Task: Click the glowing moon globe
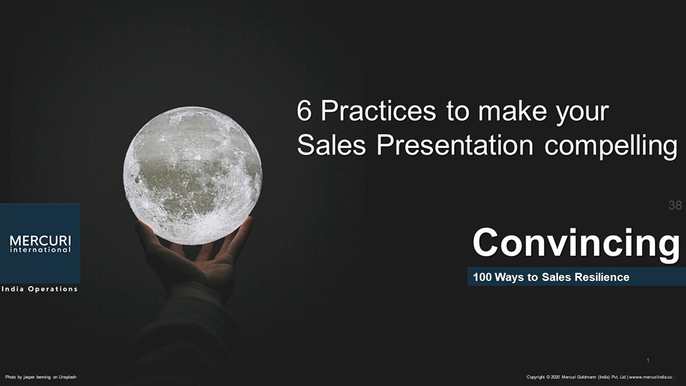pyautogui.click(x=193, y=176)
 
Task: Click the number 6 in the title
pyautogui.click(x=304, y=110)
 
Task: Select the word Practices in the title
pyautogui.click(x=379, y=110)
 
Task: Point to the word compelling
pyautogui.click(x=611, y=145)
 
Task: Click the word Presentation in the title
pyautogui.click(x=455, y=145)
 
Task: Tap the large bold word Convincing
pyautogui.click(x=576, y=243)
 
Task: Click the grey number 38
pyautogui.click(x=675, y=205)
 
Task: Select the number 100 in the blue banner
pyautogui.click(x=482, y=277)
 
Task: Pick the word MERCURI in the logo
pyautogui.click(x=40, y=241)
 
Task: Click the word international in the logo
pyautogui.click(x=40, y=250)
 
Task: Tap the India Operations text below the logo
pyautogui.click(x=39, y=289)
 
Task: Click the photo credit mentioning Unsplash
pyautogui.click(x=40, y=377)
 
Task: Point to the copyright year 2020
pyautogui.click(x=555, y=377)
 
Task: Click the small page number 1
pyautogui.click(x=648, y=361)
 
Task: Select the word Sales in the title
pyautogui.click(x=331, y=145)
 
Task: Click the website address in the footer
pyautogui.click(x=651, y=377)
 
